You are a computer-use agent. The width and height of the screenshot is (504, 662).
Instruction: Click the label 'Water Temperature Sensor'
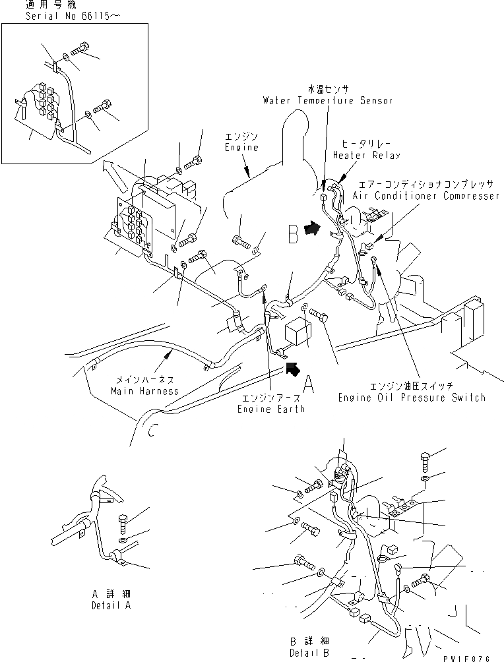coord(327,101)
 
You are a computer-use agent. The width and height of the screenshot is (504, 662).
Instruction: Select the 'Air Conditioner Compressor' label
coord(425,196)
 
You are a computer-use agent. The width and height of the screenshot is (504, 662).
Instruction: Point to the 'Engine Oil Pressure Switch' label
coord(412,397)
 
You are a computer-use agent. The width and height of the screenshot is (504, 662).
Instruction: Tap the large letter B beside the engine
coord(293,234)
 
